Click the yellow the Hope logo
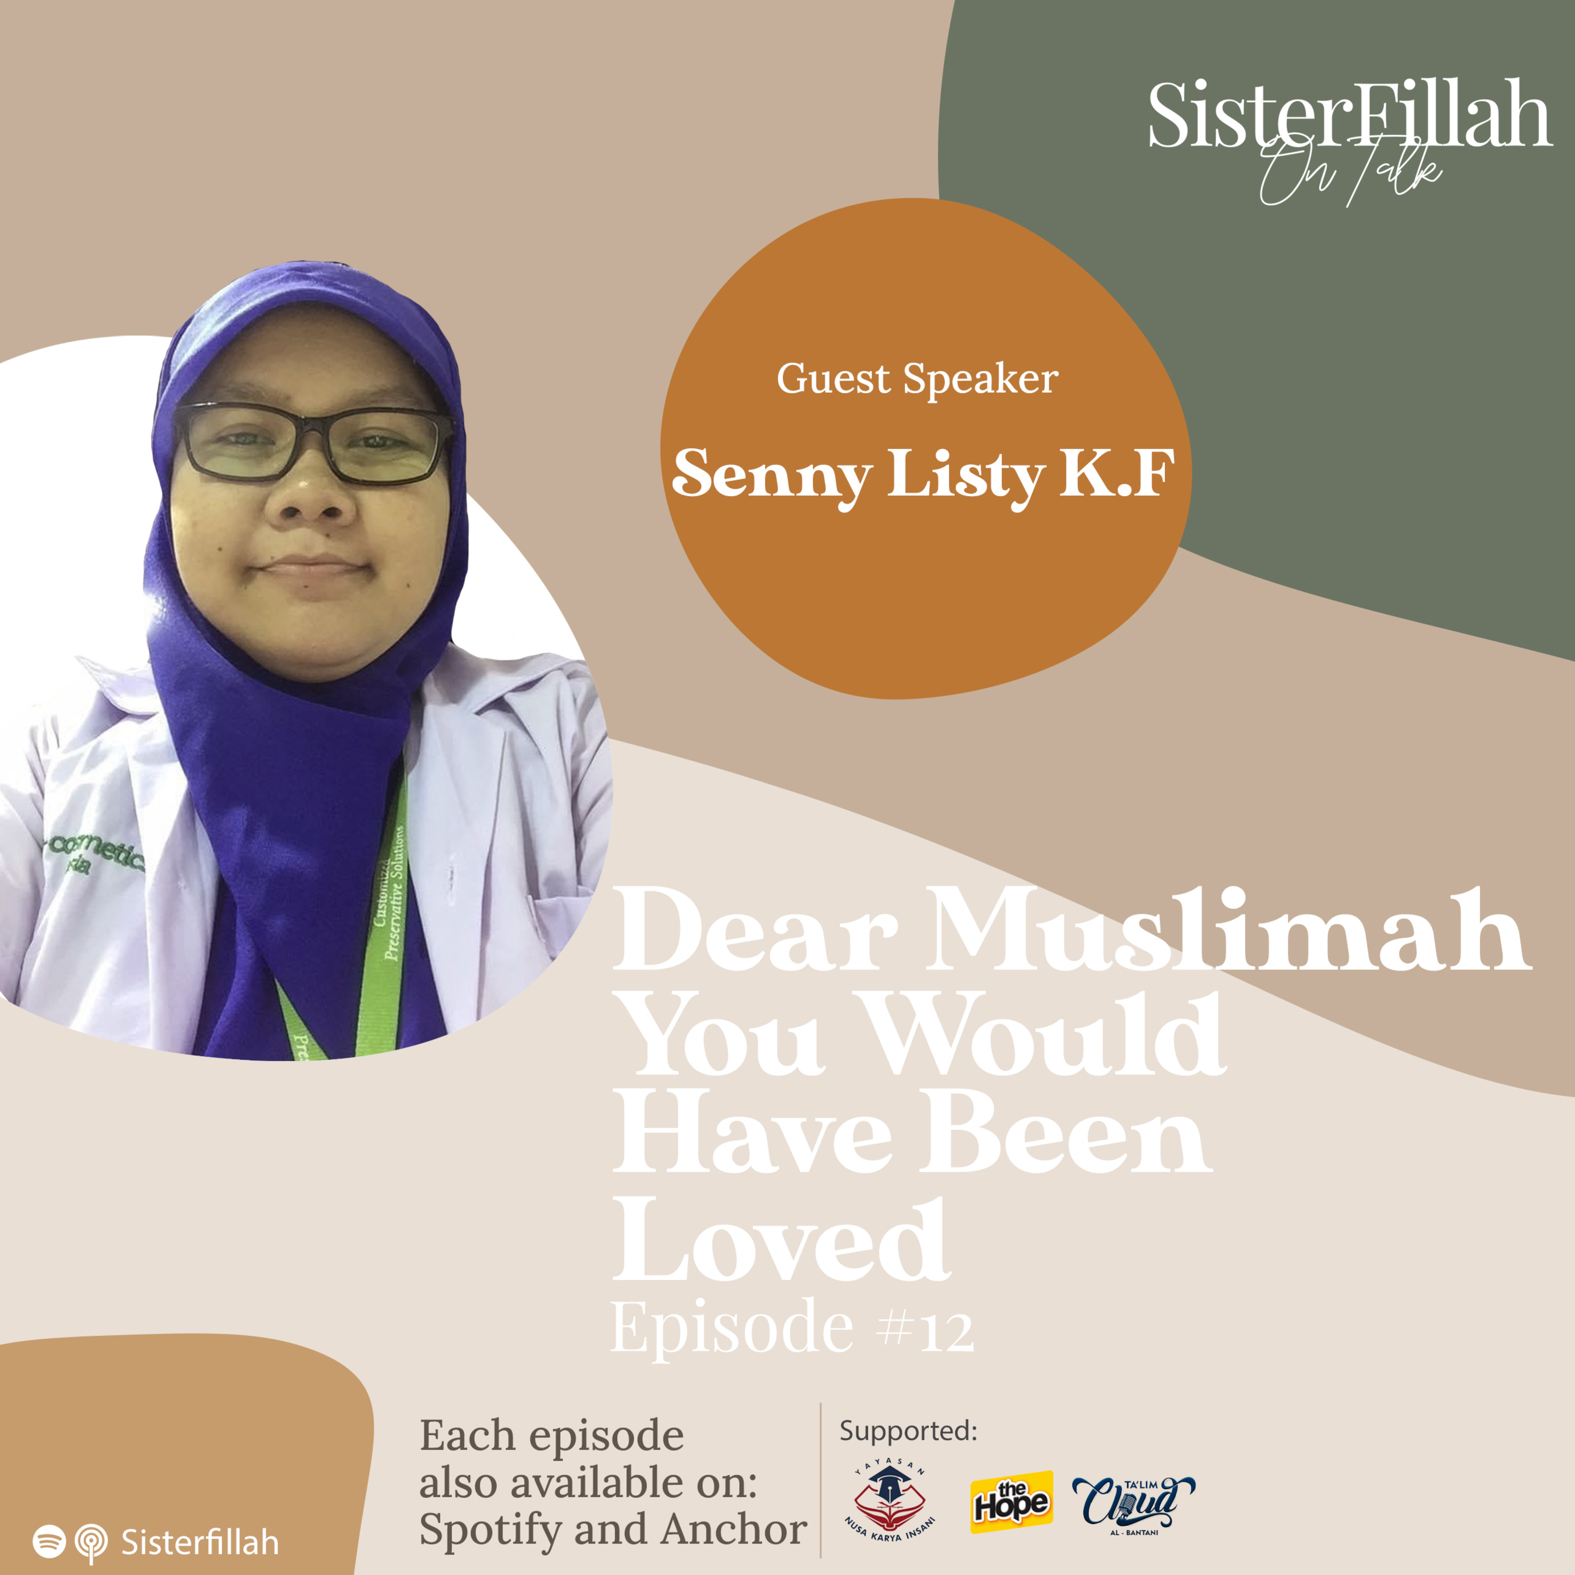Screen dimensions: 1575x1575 (1011, 1501)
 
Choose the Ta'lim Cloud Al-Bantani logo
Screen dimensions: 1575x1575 (1133, 1501)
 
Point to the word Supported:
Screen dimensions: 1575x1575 (908, 1431)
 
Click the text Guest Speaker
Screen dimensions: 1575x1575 (917, 379)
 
